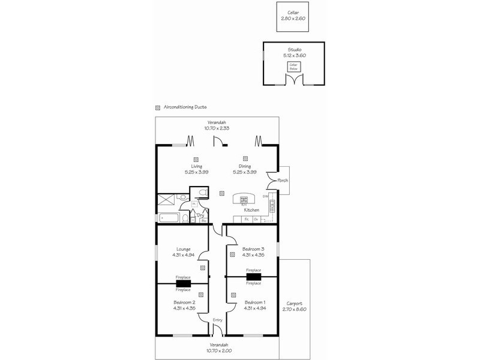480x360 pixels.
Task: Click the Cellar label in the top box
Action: [293, 13]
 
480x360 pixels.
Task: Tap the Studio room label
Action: [294, 50]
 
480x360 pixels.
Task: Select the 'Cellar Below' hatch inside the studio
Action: [294, 67]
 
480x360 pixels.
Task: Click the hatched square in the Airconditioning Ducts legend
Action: [158, 108]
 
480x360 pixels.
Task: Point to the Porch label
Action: [282, 181]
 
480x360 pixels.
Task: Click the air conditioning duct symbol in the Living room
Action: [196, 159]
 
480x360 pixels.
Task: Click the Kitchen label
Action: [251, 210]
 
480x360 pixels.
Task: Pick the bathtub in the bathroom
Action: [171, 217]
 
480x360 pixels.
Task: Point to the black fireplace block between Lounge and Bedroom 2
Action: [183, 284]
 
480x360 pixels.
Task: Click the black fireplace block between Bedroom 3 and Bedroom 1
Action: [253, 277]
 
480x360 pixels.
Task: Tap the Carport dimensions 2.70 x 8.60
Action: [295, 308]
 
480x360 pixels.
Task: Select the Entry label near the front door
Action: [217, 320]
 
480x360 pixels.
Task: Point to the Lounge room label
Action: [184, 249]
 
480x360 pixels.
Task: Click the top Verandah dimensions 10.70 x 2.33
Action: [217, 127]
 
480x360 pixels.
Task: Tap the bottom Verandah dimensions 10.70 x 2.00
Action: [217, 350]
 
